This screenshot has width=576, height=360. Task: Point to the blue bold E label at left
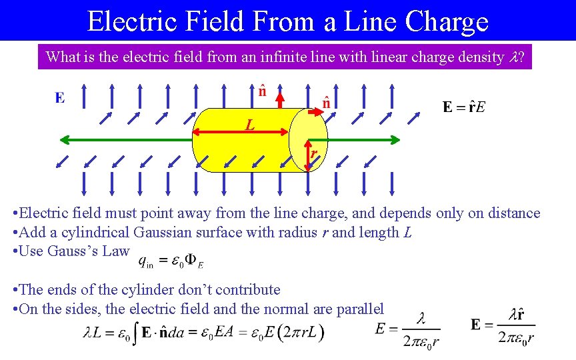60,98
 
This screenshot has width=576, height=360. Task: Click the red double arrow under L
240,131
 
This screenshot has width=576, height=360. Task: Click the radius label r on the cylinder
312,155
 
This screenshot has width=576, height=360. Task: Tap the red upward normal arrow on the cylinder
280,98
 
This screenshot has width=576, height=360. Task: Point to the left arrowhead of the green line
64,139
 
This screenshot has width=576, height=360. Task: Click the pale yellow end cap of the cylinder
308,139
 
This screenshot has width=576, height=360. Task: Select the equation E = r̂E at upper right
464,107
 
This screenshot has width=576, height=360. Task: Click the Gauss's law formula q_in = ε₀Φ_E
171,261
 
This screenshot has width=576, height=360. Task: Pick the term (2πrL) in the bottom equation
301,332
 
